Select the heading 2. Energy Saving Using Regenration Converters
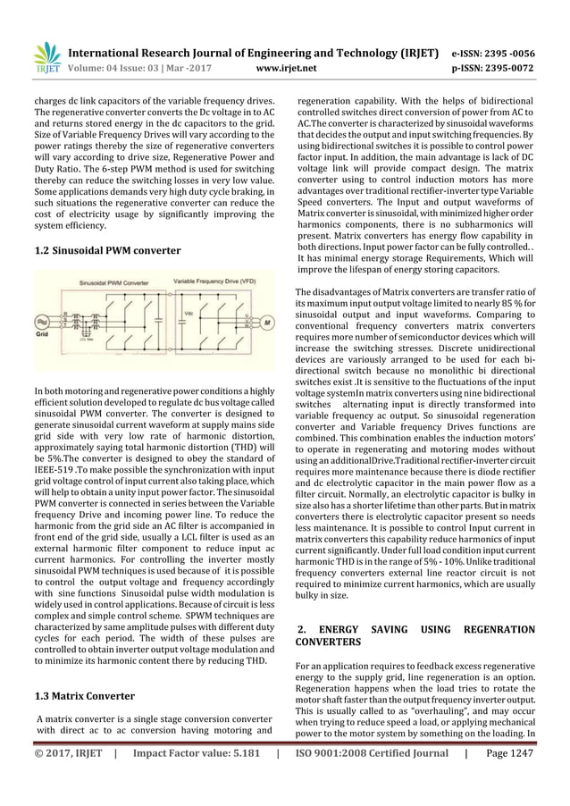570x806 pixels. [x=415, y=635]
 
